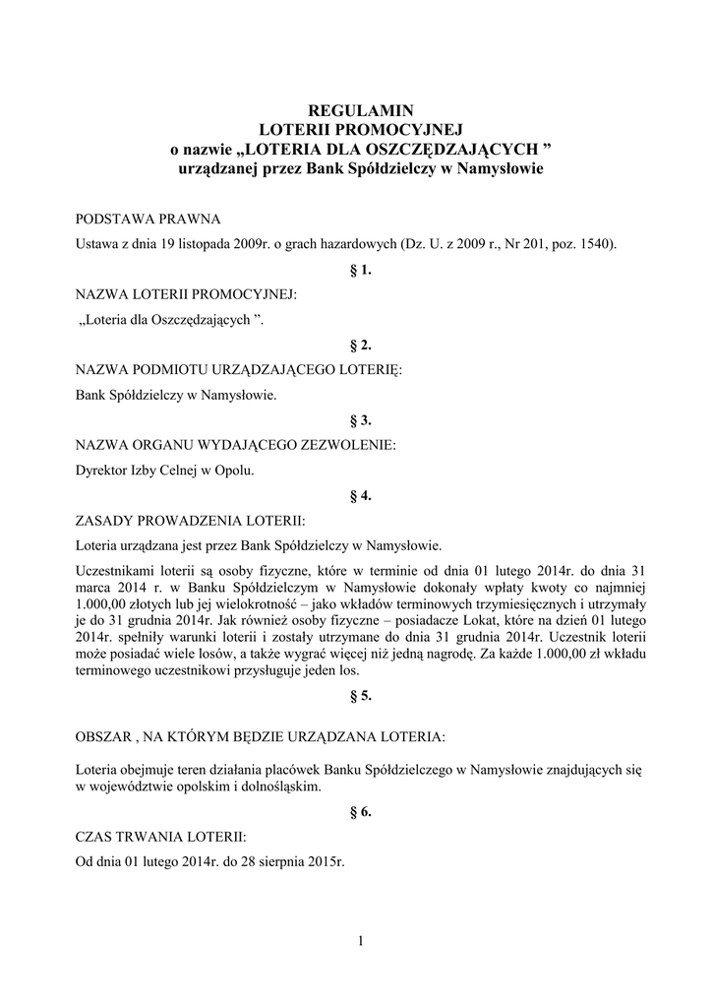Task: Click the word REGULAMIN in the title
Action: (x=357, y=111)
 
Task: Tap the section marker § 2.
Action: (x=360, y=345)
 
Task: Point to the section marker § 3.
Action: (x=360, y=420)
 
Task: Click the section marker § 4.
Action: (x=360, y=495)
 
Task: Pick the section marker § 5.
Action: (x=360, y=696)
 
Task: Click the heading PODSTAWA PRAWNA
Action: (x=148, y=219)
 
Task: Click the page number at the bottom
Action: (x=361, y=942)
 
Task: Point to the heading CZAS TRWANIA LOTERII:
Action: (x=161, y=837)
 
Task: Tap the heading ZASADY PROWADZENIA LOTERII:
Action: (x=191, y=520)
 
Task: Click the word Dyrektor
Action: (x=101, y=471)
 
